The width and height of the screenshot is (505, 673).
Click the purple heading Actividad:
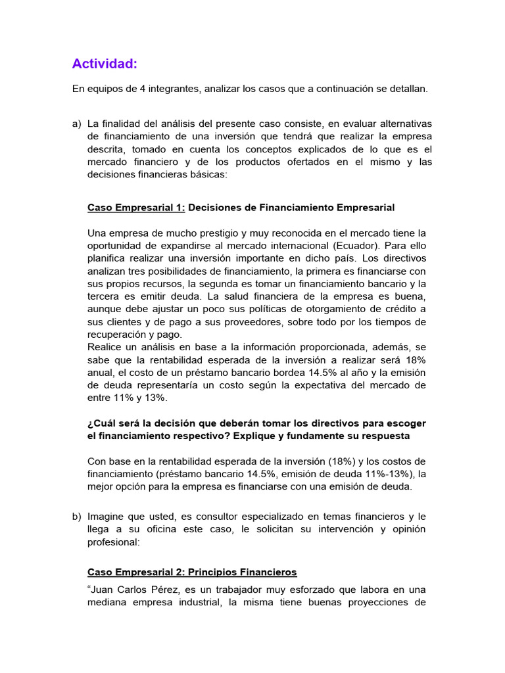105,64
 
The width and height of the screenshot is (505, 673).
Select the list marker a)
77,124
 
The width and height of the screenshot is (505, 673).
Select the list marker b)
77,516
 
